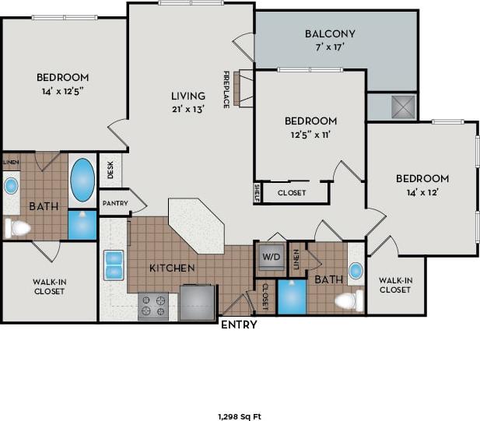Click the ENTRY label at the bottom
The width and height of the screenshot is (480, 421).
click(x=239, y=325)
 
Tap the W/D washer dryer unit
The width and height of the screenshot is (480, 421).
click(x=270, y=257)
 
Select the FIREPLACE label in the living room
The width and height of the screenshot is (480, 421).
click(x=226, y=90)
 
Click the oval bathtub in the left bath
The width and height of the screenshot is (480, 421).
click(x=82, y=181)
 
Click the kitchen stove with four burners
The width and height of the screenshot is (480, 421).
click(x=153, y=306)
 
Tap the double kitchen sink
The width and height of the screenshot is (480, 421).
click(x=114, y=265)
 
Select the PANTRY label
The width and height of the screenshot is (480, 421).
click(x=114, y=202)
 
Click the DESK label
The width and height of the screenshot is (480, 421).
click(x=110, y=170)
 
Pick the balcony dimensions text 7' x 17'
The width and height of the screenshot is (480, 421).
click(x=330, y=47)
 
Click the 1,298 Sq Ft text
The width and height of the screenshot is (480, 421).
click(x=239, y=416)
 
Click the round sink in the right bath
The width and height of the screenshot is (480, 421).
click(x=355, y=270)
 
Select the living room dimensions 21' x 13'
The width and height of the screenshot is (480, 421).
click(x=187, y=110)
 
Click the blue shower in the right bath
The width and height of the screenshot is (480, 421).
click(x=292, y=297)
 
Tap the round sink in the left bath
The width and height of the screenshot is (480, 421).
click(x=12, y=186)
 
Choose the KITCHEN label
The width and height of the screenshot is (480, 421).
click(x=172, y=268)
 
